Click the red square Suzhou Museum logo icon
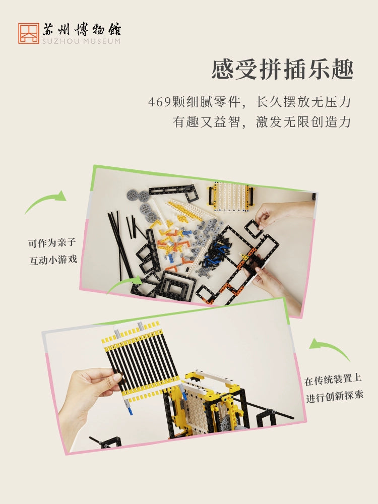point(29,33)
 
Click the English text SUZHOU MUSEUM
point(81,41)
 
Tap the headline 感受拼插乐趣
point(283,69)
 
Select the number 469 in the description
point(159,102)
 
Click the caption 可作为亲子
point(52,243)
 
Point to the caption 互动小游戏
point(53,260)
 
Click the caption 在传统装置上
point(333,380)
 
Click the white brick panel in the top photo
point(231,197)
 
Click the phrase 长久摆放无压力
point(303,102)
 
